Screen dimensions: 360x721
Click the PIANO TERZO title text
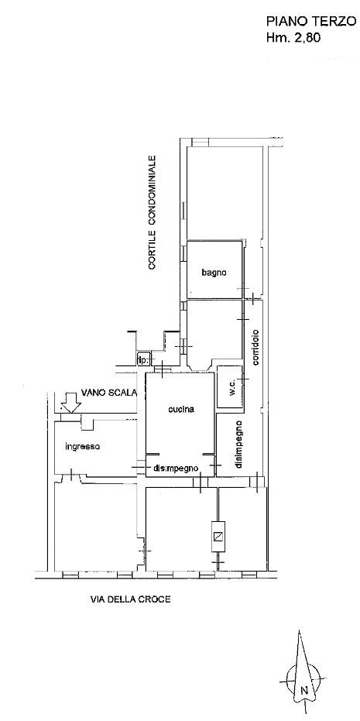click(311, 21)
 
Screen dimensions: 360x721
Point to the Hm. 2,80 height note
click(293, 38)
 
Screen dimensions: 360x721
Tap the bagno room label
click(214, 273)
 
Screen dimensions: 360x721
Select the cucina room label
click(181, 409)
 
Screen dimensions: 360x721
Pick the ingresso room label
click(83, 446)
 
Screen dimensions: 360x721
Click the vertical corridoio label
click(255, 348)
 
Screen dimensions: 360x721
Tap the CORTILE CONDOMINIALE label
click(153, 212)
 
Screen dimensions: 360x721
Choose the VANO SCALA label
click(109, 392)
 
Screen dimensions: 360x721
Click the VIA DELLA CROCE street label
click(130, 599)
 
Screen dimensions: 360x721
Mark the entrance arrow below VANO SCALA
click(70, 403)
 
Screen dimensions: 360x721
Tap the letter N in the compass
click(303, 690)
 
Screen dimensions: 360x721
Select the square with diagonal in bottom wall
click(218, 536)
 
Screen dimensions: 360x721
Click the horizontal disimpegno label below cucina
click(176, 469)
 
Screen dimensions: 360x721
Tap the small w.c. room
click(229, 386)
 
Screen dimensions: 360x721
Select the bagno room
click(214, 270)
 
